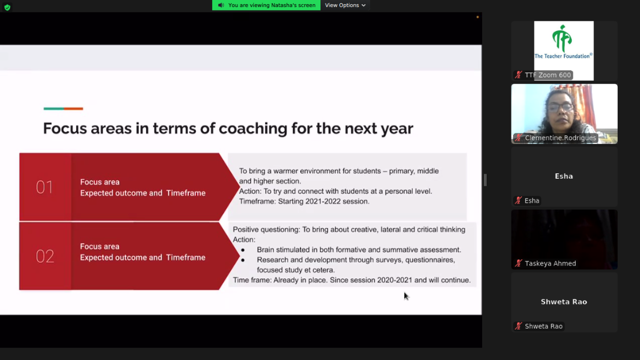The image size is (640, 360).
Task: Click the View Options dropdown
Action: click(345, 5)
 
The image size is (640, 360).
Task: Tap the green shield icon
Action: click(7, 7)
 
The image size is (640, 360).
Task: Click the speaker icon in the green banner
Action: click(221, 5)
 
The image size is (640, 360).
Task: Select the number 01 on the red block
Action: click(45, 187)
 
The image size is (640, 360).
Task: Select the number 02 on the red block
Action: click(45, 256)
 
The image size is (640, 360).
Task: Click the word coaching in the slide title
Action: click(253, 129)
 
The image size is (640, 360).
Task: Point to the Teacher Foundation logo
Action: click(564, 43)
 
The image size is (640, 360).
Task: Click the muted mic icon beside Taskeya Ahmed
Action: click(518, 263)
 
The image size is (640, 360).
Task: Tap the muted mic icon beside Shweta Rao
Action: click(518, 326)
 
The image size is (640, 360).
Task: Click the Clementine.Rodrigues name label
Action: click(561, 138)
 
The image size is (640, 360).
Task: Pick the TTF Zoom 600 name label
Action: click(548, 75)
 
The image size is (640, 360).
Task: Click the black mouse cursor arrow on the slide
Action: click(406, 296)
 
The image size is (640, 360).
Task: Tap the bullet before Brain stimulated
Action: click(243, 250)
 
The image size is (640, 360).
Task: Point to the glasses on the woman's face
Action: click(559, 107)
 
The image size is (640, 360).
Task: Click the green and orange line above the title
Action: click(63, 109)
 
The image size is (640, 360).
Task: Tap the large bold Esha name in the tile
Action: click(564, 177)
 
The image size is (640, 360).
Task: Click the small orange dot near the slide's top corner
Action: click(477, 17)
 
